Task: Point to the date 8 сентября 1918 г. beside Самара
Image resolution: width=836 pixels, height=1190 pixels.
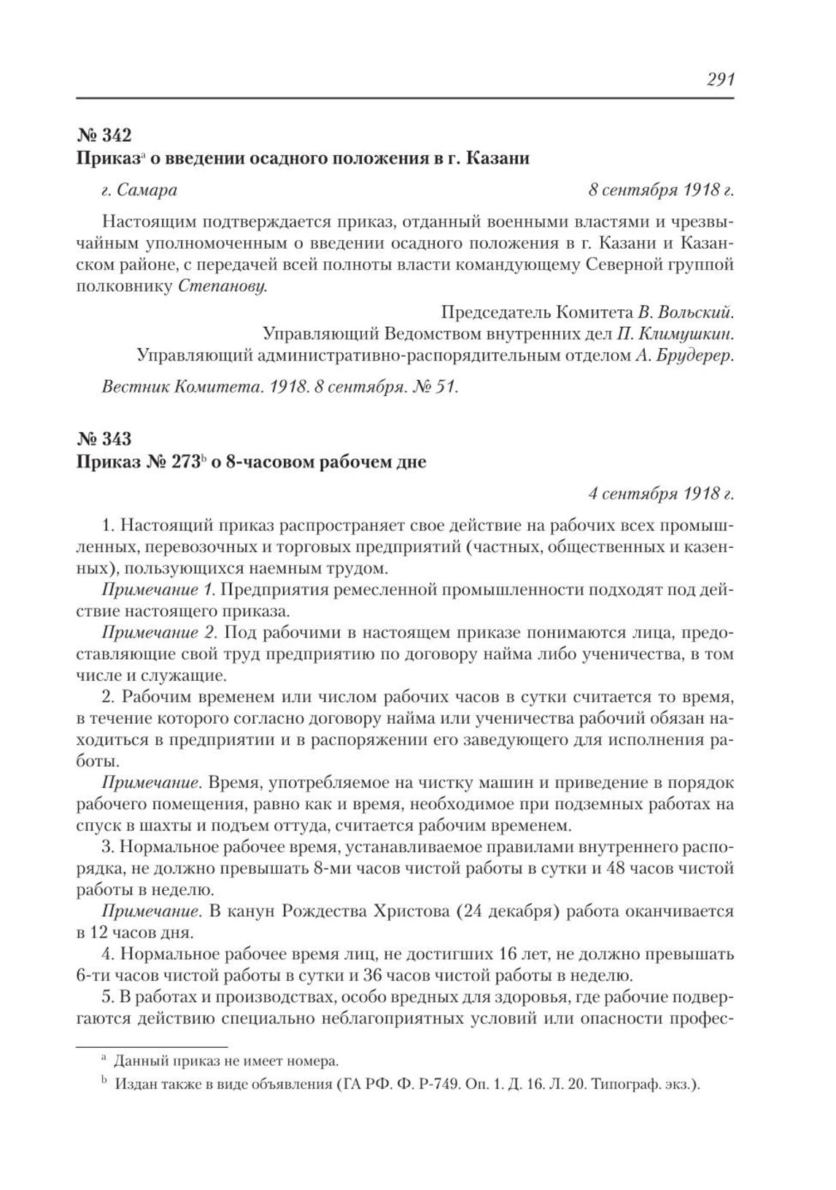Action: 660,190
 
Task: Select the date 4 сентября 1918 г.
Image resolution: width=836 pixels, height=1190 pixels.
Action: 660,494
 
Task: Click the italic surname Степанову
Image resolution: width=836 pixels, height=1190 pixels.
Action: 222,286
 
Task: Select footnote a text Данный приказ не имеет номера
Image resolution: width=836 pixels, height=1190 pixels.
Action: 226,1060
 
